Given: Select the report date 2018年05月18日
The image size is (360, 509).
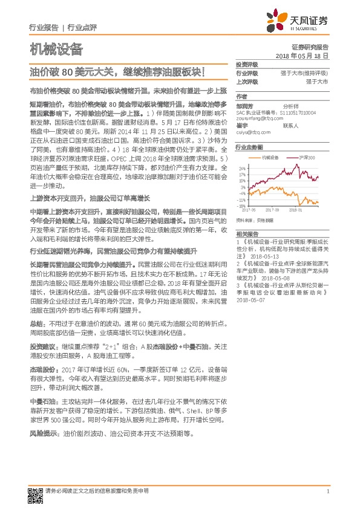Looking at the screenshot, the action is [302, 55].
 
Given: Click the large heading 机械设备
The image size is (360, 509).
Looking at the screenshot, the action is [56, 49].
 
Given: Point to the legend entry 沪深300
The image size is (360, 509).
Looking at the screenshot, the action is [307, 156].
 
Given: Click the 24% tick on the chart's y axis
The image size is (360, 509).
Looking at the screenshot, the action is [242, 168].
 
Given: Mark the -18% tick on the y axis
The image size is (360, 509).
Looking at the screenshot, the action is [241, 206].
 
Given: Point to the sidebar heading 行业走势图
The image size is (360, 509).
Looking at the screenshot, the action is [249, 147].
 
